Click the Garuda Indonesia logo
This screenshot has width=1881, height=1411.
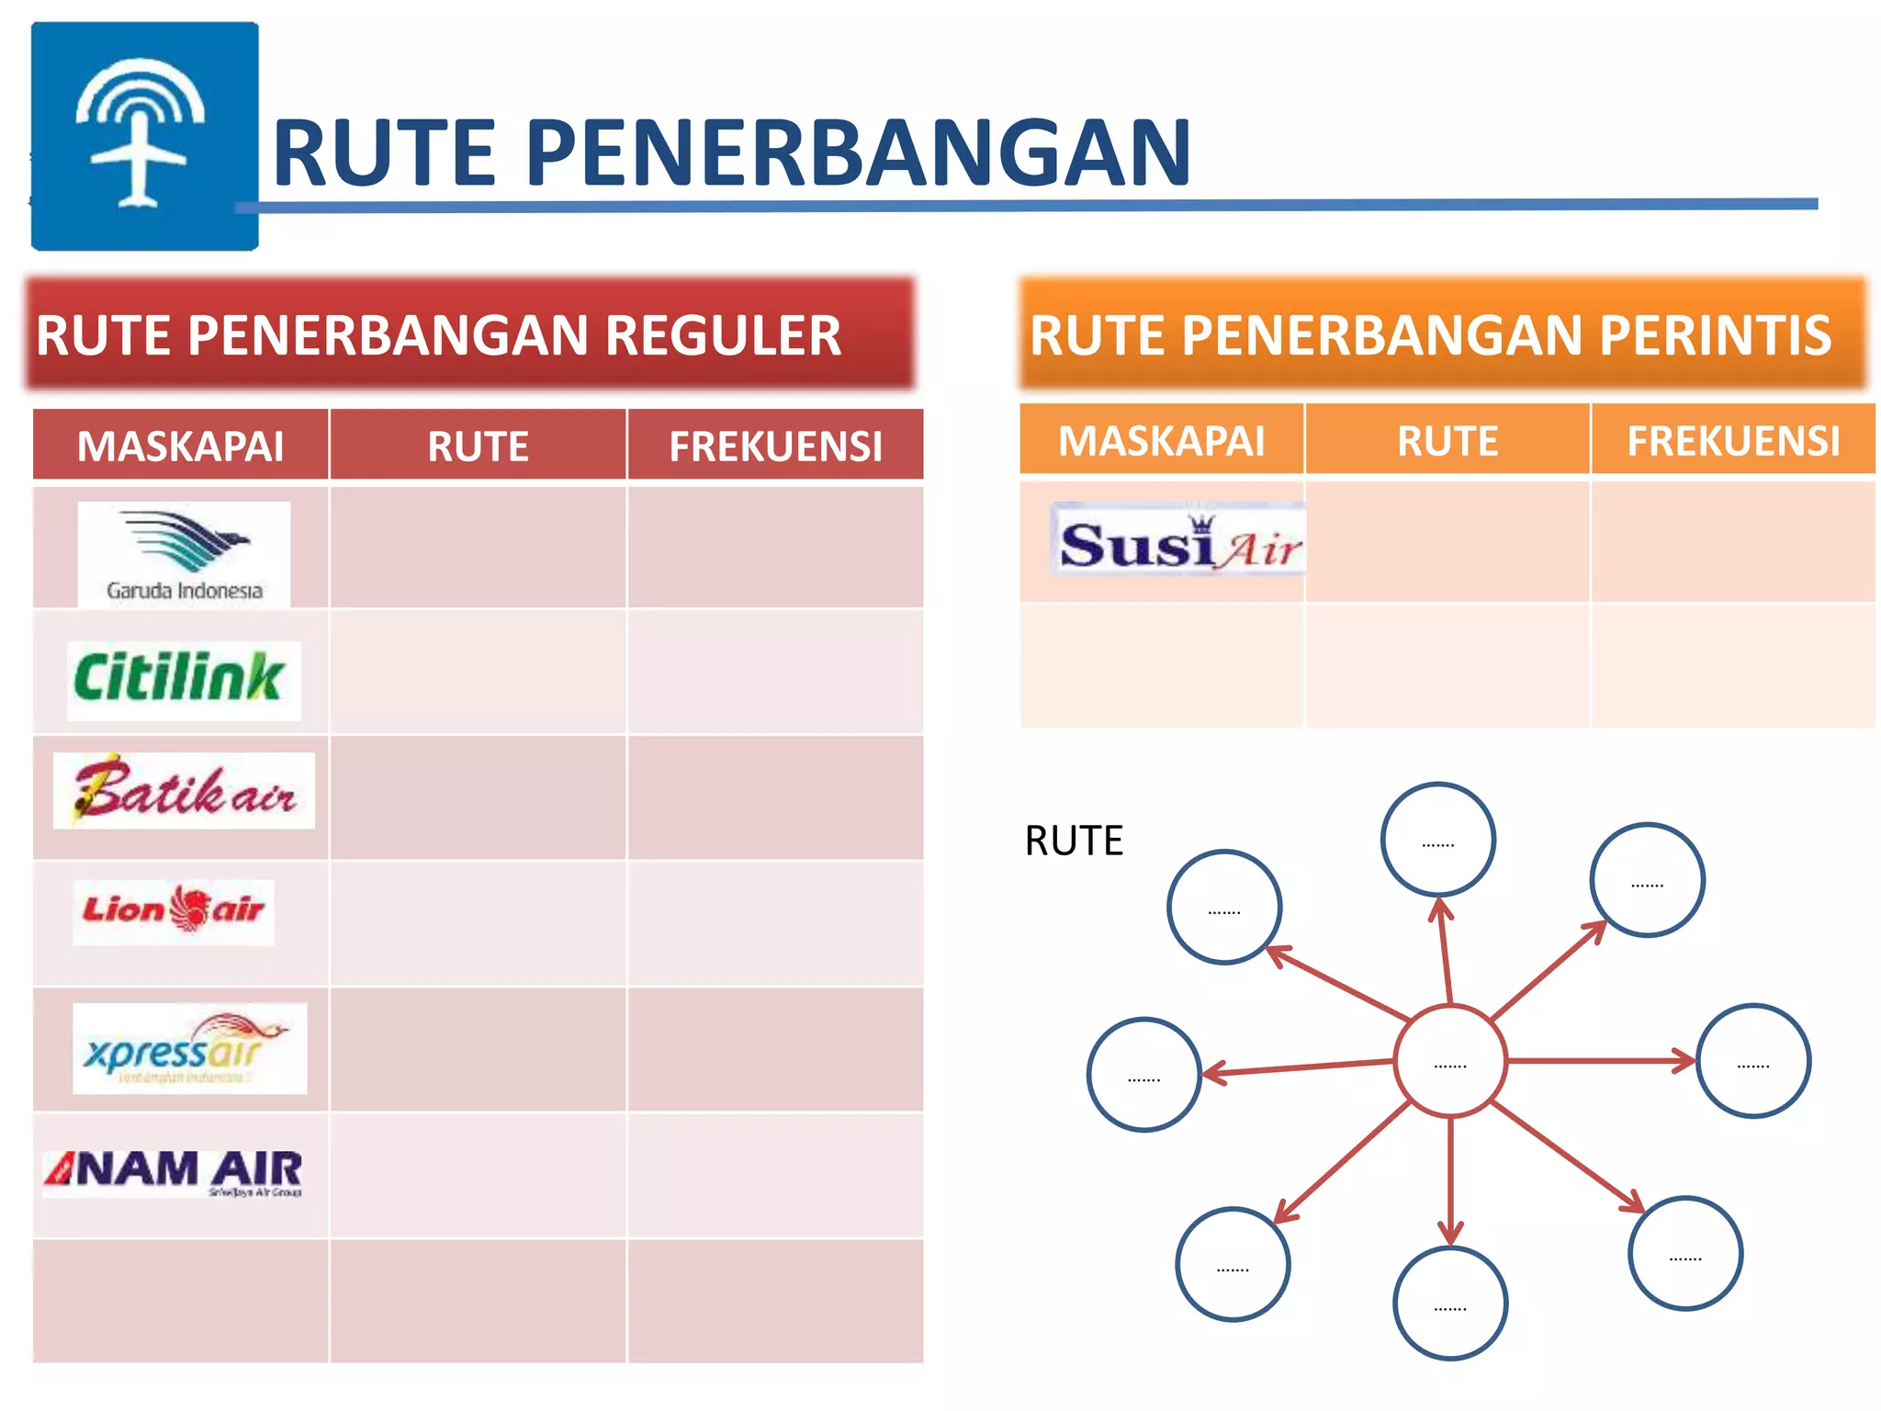(x=184, y=553)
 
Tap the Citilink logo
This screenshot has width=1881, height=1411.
(x=184, y=679)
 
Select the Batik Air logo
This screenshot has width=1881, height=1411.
(x=184, y=791)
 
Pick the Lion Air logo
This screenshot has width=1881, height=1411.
(x=174, y=910)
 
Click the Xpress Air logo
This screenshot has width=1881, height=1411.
(x=189, y=1048)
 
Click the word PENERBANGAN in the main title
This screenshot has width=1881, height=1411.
(x=859, y=153)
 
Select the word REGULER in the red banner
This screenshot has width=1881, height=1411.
(x=723, y=335)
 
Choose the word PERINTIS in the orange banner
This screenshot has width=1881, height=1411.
(x=1715, y=335)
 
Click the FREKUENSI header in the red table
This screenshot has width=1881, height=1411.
(x=775, y=446)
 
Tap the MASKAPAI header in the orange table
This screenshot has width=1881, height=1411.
(x=1161, y=441)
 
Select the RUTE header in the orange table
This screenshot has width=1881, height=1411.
(x=1447, y=441)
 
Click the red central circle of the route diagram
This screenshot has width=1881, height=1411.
(x=1449, y=1062)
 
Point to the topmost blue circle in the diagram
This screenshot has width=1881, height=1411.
(x=1437, y=839)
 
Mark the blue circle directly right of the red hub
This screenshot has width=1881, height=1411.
(x=1752, y=1061)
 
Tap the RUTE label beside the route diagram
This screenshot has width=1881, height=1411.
(x=1074, y=841)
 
